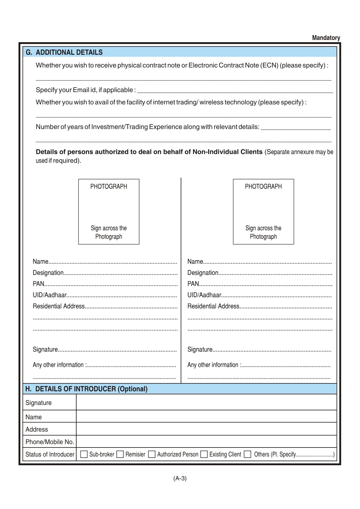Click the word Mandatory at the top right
pyautogui.click(x=326, y=38)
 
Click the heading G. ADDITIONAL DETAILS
pyautogui.click(x=64, y=52)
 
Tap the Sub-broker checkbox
pyautogui.click(x=84, y=454)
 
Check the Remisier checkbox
pyautogui.click(x=120, y=454)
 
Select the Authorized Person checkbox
pyautogui.click(x=152, y=454)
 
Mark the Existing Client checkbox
pyautogui.click(x=204, y=454)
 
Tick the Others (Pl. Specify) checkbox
pyautogui.click(x=247, y=454)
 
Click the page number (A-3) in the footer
pyautogui.click(x=180, y=478)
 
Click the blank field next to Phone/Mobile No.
pyautogui.click(x=206, y=442)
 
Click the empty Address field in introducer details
pyautogui.click(x=206, y=429)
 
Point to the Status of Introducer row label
pyautogui.click(x=50, y=454)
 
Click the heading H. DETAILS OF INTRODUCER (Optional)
pyautogui.click(x=86, y=389)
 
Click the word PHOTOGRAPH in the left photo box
pyautogui.click(x=109, y=186)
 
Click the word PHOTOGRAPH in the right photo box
pyautogui.click(x=263, y=186)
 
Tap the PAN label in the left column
pyautogui.click(x=38, y=284)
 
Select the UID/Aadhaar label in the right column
pyautogui.click(x=204, y=295)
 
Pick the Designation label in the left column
pyautogui.click(x=48, y=272)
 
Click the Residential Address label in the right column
pyautogui.click(x=213, y=306)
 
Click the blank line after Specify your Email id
pyautogui.click(x=235, y=90)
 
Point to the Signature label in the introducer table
pyautogui.click(x=39, y=403)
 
